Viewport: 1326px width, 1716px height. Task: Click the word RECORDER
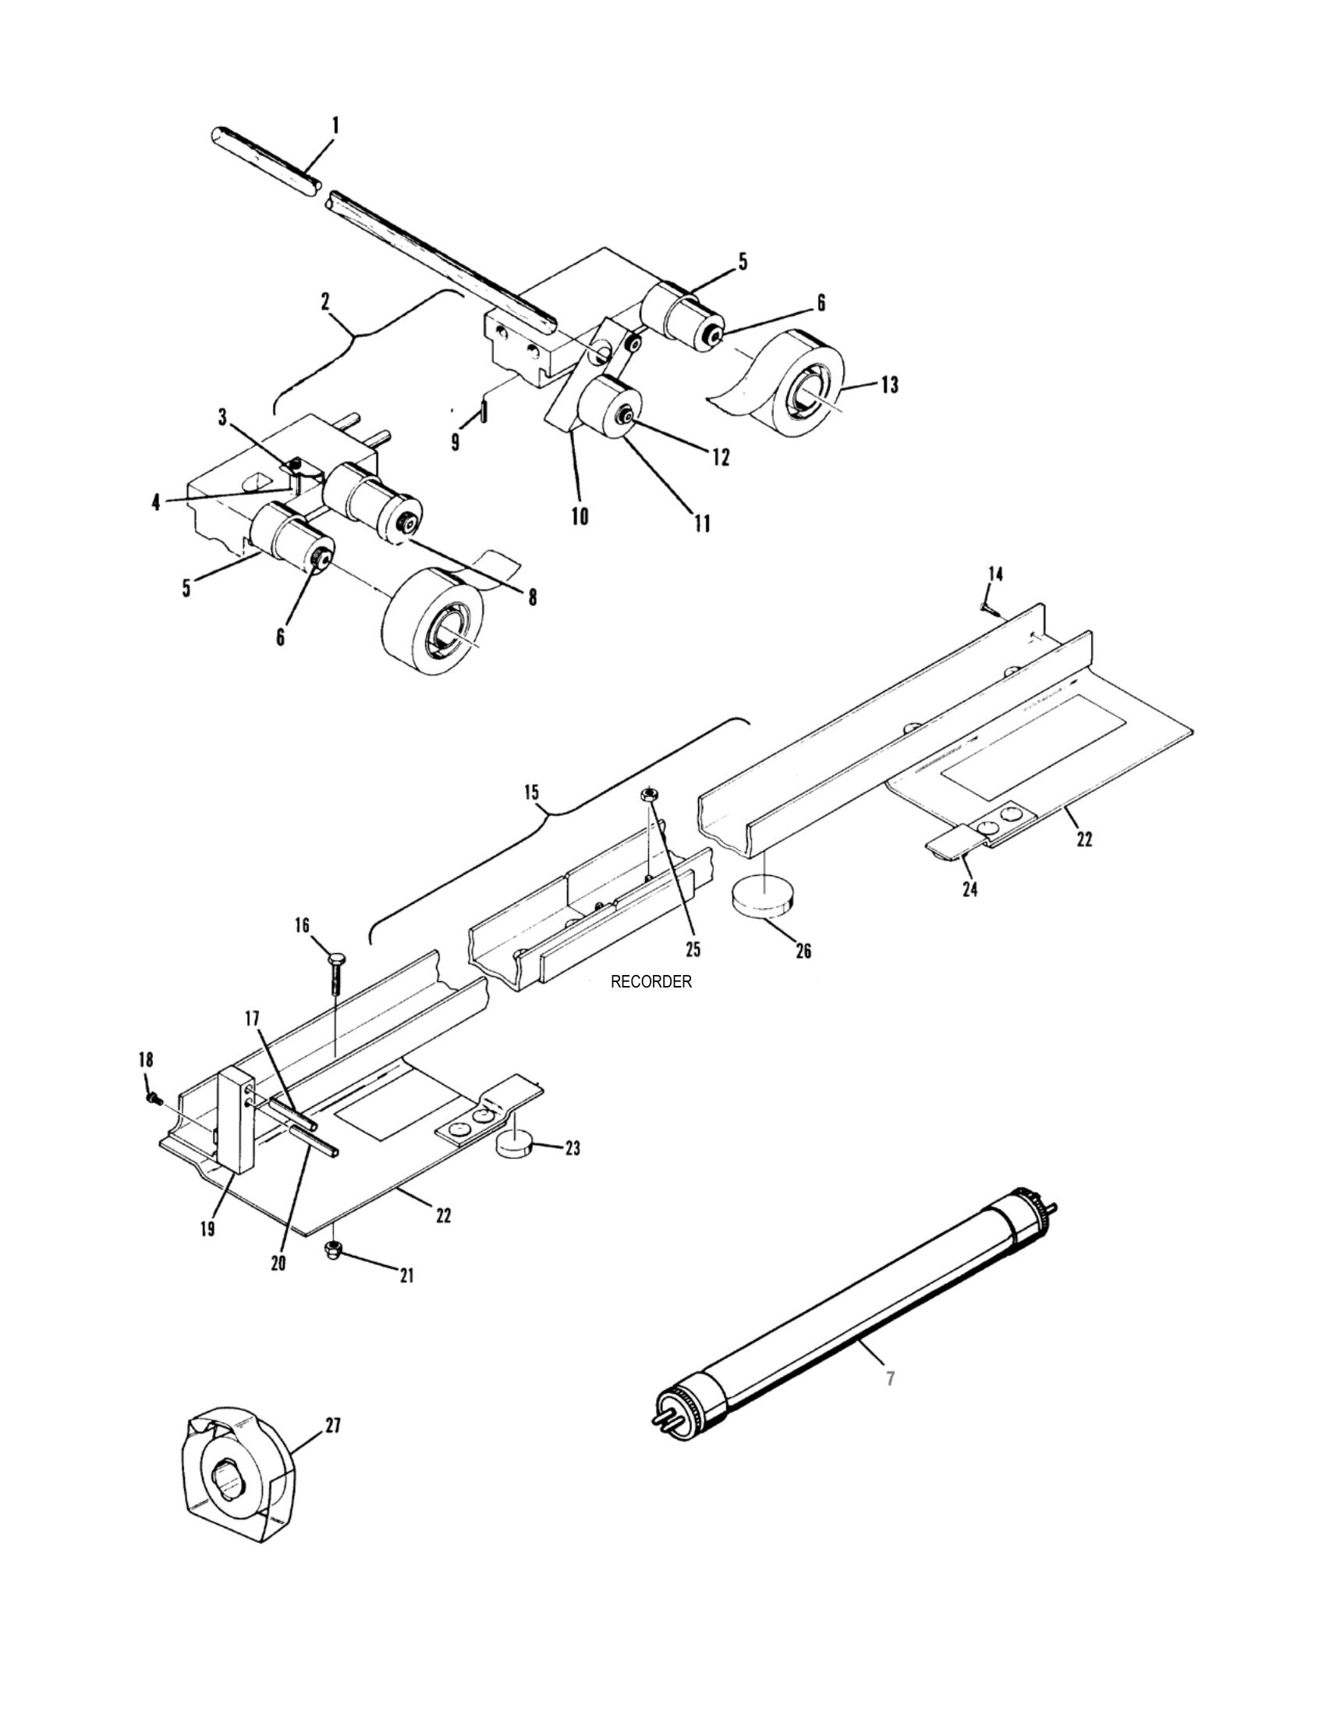pyautogui.click(x=651, y=981)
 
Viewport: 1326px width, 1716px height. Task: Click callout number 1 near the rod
pyautogui.click(x=335, y=126)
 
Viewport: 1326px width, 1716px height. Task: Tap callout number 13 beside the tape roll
pyautogui.click(x=889, y=385)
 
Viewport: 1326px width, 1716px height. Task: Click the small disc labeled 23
pyautogui.click(x=515, y=1147)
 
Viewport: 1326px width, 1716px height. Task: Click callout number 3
pyautogui.click(x=223, y=417)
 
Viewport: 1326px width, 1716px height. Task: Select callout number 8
pyautogui.click(x=533, y=597)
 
